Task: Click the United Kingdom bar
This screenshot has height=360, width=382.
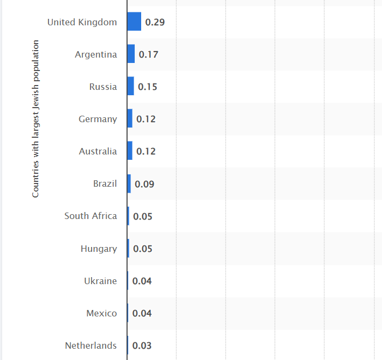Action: tap(134, 22)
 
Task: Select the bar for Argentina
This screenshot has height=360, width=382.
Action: tap(131, 54)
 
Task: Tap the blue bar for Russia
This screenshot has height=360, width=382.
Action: tap(130, 87)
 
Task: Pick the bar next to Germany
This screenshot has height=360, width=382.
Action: tap(130, 119)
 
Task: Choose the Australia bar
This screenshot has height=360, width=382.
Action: tap(130, 151)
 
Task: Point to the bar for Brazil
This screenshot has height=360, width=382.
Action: tap(129, 183)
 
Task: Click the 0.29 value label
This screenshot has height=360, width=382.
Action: tap(155, 22)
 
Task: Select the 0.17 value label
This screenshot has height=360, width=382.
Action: tap(148, 54)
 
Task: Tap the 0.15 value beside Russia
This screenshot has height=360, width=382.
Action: tap(147, 87)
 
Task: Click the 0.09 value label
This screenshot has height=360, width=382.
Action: tap(144, 184)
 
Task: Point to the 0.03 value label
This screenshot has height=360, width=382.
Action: tap(142, 345)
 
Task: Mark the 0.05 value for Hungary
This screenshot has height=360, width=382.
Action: tap(143, 249)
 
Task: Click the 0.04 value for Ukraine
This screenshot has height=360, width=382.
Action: tap(142, 281)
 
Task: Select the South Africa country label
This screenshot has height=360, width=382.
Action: tap(91, 216)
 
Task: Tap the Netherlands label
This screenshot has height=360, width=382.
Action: tap(91, 345)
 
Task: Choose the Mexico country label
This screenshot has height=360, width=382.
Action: tap(101, 313)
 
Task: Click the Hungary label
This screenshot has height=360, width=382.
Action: tap(99, 249)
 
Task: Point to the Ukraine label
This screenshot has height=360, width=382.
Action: tap(100, 281)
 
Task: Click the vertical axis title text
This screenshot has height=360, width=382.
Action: tap(36, 118)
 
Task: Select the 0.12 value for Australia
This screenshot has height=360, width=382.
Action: tap(146, 151)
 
